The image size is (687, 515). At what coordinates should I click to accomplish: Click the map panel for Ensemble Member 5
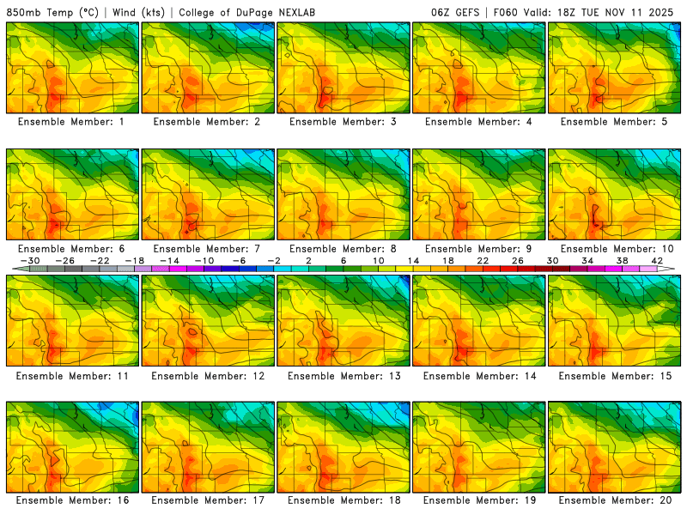pyautogui.click(x=615, y=68)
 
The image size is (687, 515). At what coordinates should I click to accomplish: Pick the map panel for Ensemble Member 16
pyautogui.click(x=72, y=446)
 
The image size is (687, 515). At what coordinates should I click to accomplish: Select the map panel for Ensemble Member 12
pyautogui.click(x=208, y=320)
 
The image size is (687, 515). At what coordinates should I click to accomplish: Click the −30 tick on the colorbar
pyautogui.click(x=31, y=260)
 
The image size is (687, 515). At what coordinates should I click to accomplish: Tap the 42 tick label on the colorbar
pyautogui.click(x=657, y=260)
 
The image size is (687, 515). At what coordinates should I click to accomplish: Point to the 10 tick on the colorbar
pyautogui.click(x=379, y=260)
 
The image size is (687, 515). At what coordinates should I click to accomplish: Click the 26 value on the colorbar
pyautogui.click(x=518, y=260)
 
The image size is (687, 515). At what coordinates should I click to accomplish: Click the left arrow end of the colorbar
pyautogui.click(x=11, y=269)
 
